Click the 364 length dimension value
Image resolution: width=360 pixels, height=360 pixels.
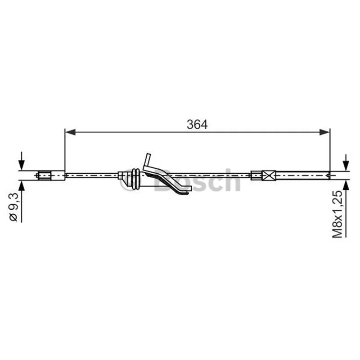point(197,125)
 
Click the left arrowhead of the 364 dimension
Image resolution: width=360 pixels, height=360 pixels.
point(70,132)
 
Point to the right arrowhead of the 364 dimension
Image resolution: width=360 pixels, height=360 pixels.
point(324,132)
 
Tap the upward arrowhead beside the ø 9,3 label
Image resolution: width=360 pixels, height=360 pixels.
point(21,185)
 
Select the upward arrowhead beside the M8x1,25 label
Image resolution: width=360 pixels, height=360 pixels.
point(346,185)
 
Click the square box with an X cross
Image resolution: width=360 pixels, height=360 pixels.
point(269,175)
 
